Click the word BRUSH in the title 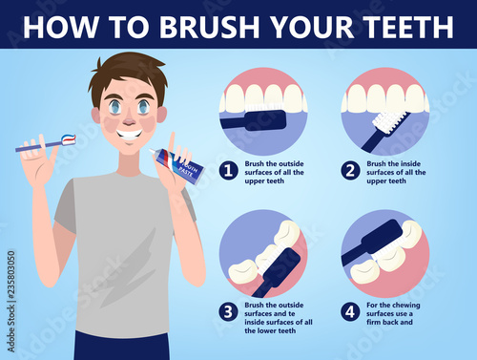pyautogui.click(x=210, y=27)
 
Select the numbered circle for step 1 pyautogui.click(x=228, y=171)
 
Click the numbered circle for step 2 pyautogui.click(x=350, y=171)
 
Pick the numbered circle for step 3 pyautogui.click(x=228, y=312)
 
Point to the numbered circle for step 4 pyautogui.click(x=350, y=312)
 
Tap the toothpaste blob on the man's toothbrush pyautogui.click(x=69, y=138)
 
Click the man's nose pyautogui.click(x=129, y=120)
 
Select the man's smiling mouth pyautogui.click(x=129, y=134)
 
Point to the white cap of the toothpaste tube pyautogui.click(x=155, y=152)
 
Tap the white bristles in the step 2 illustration pyautogui.click(x=388, y=121)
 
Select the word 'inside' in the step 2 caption pyautogui.click(x=410, y=163)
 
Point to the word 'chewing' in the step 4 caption pyautogui.click(x=405, y=306)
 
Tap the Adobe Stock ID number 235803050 pyautogui.click(x=11, y=274)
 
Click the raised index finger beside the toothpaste pyautogui.click(x=172, y=142)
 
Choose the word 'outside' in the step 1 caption pyautogui.click(x=291, y=163)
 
